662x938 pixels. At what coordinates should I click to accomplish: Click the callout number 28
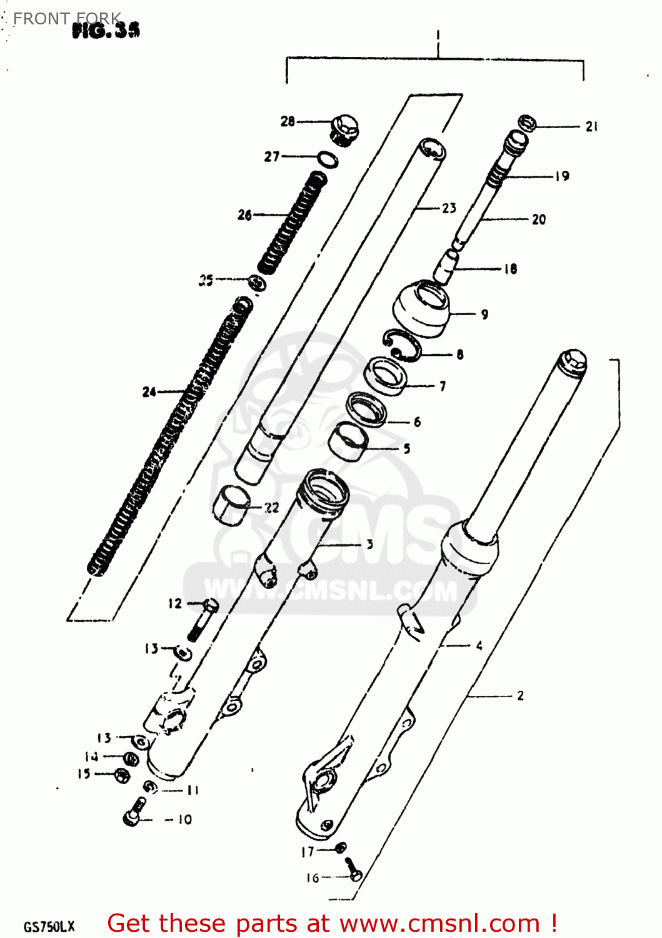[287, 121]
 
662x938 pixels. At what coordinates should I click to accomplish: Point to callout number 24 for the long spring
[149, 392]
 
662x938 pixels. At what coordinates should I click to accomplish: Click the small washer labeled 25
[256, 283]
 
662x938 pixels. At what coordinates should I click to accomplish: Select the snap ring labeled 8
[401, 345]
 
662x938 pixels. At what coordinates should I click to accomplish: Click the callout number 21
[591, 126]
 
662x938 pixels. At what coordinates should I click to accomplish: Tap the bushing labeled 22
[231, 504]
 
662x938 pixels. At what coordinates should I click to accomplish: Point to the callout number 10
[185, 819]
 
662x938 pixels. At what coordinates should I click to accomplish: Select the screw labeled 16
[354, 870]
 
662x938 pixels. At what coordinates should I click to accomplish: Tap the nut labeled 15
[122, 775]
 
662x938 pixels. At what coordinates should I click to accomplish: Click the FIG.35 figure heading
[106, 30]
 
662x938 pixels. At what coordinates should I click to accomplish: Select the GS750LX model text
[49, 926]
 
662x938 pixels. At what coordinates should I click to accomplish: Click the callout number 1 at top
[438, 35]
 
